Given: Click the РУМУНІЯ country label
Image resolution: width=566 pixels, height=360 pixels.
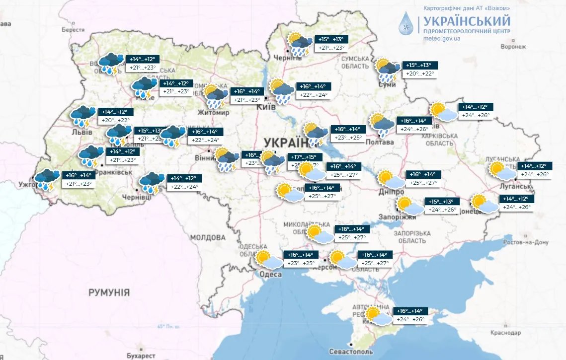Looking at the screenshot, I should pyautogui.click(x=109, y=292).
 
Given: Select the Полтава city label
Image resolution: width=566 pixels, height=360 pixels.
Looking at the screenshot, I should pyautogui.click(x=380, y=142).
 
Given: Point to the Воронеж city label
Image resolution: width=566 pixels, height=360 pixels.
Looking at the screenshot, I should pyautogui.click(x=512, y=47).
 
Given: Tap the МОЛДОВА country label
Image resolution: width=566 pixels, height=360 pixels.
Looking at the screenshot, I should pyautogui.click(x=208, y=237).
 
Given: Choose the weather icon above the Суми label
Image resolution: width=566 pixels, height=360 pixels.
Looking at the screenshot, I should pyautogui.click(x=388, y=70).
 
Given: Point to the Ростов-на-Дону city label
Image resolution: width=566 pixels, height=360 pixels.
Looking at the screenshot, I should pyautogui.click(x=526, y=242).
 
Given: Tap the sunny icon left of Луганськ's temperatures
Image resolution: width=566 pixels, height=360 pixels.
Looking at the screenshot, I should pyautogui.click(x=502, y=170).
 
